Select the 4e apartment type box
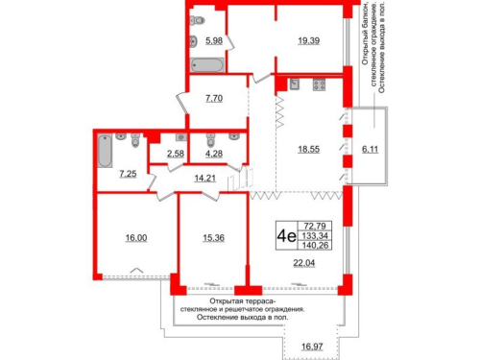click(x=285, y=231)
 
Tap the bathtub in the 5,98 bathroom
click(x=206, y=65)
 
